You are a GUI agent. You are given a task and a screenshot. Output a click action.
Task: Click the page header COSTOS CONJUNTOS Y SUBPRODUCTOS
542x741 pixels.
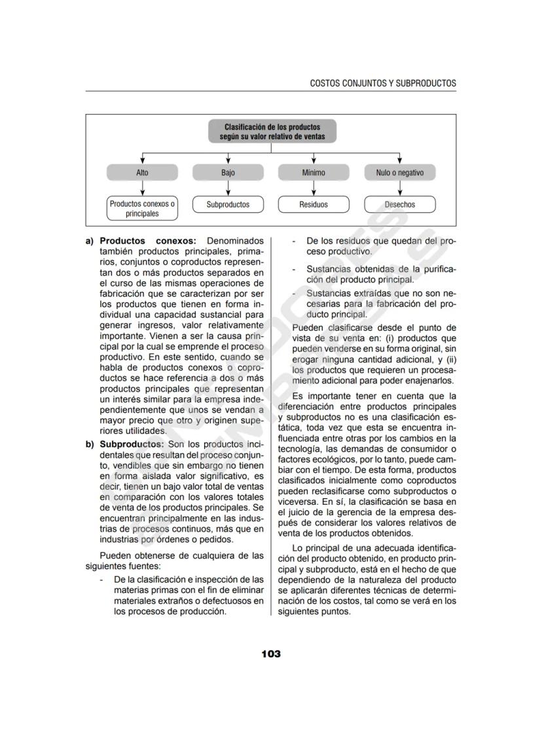coord(382,83)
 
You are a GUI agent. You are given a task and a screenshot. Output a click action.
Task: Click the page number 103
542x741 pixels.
coord(270,654)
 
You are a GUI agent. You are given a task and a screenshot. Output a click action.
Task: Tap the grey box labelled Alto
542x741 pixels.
coord(142,173)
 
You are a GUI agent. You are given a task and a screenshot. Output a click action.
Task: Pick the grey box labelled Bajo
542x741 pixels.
coord(228,173)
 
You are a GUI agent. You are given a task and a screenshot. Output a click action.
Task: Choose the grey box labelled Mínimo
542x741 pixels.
coord(314,173)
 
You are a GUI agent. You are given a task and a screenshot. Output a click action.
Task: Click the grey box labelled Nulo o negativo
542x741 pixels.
coord(400,173)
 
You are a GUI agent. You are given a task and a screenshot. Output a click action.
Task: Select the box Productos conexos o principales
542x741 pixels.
coord(142,208)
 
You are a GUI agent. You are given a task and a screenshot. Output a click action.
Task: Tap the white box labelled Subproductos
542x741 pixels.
coord(228,205)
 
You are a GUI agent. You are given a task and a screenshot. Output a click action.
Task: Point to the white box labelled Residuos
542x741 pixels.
coord(314,205)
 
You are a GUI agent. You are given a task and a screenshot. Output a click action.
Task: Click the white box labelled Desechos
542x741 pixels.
coord(400,205)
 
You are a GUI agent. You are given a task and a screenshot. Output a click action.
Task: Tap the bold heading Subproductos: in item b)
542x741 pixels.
coord(128,444)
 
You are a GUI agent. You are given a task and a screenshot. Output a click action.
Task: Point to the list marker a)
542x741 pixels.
coord(90,241)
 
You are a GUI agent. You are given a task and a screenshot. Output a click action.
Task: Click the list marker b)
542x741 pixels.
coord(90,444)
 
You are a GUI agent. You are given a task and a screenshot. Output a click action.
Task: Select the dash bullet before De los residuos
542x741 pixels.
coord(294,241)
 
